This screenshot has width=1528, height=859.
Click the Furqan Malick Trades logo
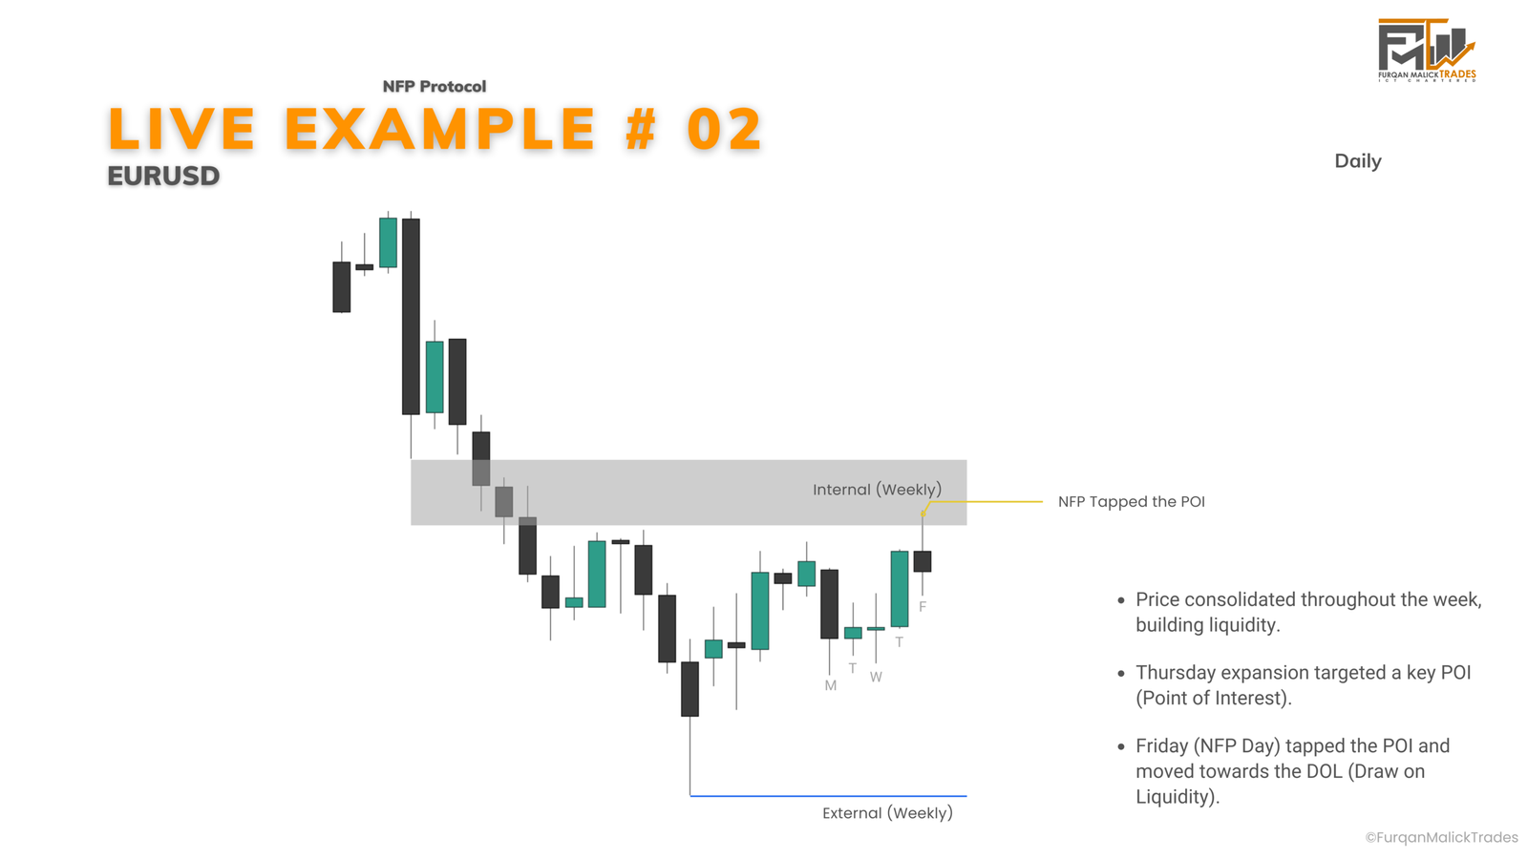click(x=1427, y=51)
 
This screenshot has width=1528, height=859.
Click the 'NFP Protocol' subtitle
click(x=434, y=87)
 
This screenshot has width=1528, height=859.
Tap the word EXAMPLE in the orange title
click(x=439, y=129)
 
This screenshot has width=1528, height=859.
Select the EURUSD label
click(x=163, y=176)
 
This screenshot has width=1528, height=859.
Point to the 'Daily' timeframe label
click(x=1357, y=161)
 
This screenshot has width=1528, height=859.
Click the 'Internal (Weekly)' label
click(x=877, y=490)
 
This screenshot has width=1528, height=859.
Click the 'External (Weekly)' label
click(x=887, y=812)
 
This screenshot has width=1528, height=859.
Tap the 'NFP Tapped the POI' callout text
click(x=1131, y=502)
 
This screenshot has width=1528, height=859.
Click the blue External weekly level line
click(x=828, y=796)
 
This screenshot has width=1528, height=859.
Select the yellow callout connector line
click(x=983, y=502)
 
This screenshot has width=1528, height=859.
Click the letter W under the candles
click(x=876, y=677)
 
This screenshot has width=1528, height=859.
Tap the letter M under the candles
click(x=830, y=686)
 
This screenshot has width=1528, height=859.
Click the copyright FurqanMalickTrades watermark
click(x=1441, y=838)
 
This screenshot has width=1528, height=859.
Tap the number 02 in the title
click(x=725, y=129)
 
